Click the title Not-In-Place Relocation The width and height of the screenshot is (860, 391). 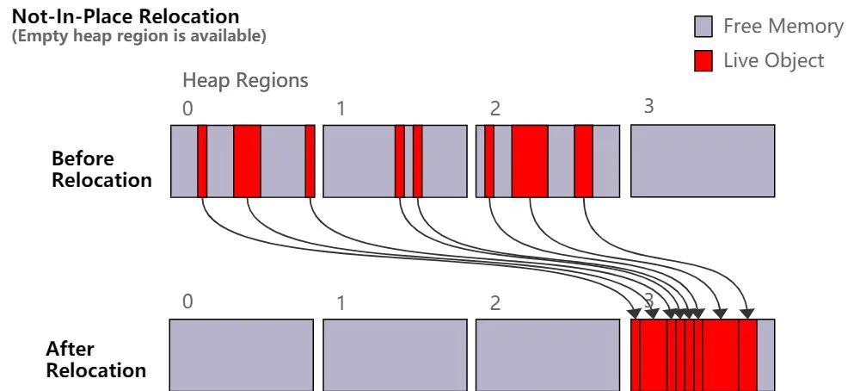click(126, 16)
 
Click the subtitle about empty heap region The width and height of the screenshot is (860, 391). click(138, 36)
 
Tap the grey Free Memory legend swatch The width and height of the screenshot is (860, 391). click(703, 28)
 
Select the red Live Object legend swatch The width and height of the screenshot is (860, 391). click(703, 61)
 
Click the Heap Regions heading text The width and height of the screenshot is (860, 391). click(245, 81)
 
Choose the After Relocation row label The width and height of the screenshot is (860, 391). click(95, 360)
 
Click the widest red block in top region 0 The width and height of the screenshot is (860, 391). click(247, 161)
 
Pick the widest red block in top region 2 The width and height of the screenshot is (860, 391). click(530, 161)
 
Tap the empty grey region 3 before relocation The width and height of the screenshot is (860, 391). click(702, 161)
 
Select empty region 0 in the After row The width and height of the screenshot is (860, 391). click(241, 355)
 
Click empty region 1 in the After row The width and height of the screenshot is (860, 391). click(395, 355)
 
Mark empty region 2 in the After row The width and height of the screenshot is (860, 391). click(547, 355)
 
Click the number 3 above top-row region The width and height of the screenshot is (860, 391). click(648, 107)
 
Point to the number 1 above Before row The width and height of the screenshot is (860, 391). click(341, 109)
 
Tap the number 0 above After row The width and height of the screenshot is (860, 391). click(187, 301)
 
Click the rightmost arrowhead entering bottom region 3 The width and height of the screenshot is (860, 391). click(747, 313)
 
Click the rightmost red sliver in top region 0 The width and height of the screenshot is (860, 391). click(310, 161)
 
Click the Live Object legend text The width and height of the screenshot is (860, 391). click(773, 61)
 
